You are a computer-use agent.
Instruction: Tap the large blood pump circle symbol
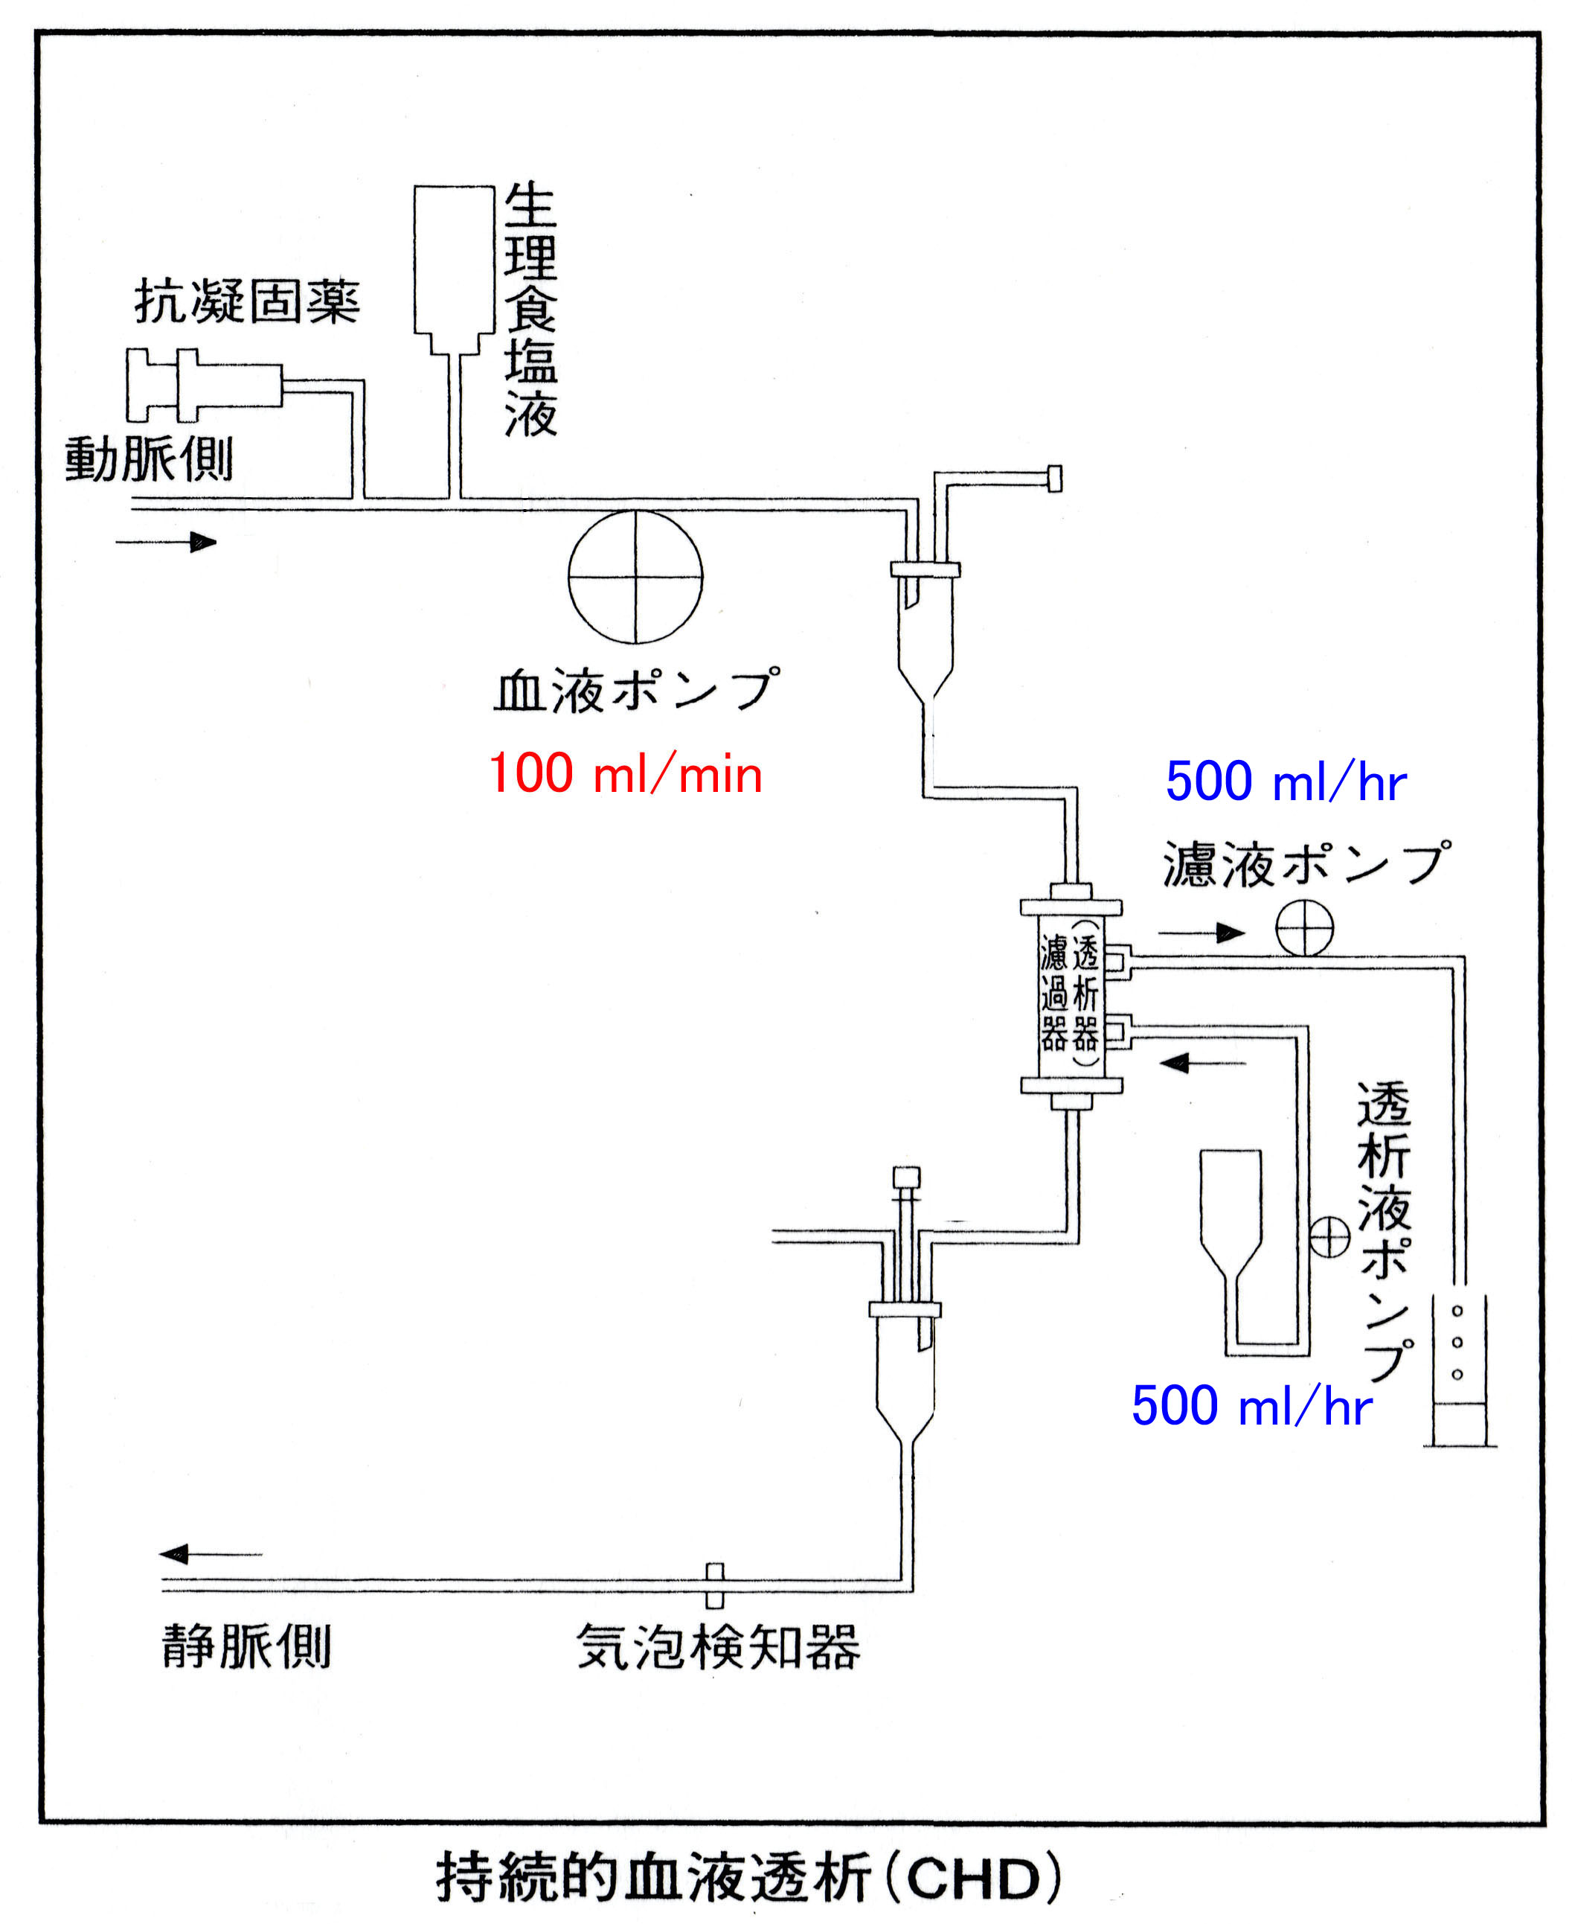[x=635, y=577]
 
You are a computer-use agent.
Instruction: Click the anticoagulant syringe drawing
[x=205, y=385]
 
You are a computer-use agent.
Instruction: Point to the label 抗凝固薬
[x=247, y=301]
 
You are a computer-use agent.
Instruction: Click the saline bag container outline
[x=455, y=263]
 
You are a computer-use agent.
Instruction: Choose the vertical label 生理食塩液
[x=530, y=310]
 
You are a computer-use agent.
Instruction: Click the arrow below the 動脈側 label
[x=167, y=543]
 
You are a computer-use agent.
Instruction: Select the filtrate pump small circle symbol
[x=1305, y=928]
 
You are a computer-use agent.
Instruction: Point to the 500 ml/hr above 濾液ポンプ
[x=1286, y=781]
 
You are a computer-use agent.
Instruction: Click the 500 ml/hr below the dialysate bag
[x=1251, y=1406]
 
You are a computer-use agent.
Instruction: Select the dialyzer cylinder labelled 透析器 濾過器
[x=1071, y=997]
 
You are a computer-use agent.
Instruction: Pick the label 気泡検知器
[x=718, y=1647]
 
